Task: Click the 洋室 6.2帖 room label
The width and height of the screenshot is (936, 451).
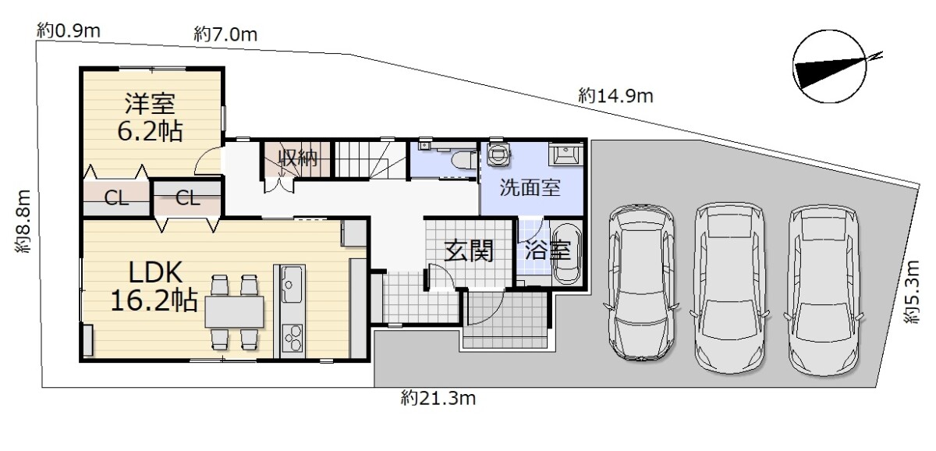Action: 150,118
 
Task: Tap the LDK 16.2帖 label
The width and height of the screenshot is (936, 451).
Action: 154,286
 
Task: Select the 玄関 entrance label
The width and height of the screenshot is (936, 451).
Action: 469,250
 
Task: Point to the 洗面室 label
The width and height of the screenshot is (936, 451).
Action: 530,188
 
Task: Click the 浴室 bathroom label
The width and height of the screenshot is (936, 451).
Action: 548,250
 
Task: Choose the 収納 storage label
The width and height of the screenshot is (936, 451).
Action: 298,158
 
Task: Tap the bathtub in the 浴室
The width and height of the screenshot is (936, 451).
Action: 566,254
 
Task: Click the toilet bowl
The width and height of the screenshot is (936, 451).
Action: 464,161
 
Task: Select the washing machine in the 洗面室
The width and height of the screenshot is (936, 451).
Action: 498,154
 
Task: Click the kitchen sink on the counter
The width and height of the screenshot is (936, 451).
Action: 290,284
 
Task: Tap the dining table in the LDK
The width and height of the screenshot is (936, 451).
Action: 234,312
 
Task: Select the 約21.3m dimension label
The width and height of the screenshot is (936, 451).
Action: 438,399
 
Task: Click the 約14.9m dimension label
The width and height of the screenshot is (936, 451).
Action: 615,96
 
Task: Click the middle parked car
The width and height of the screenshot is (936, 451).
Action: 730,288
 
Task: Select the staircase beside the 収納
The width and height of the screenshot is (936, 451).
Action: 370,159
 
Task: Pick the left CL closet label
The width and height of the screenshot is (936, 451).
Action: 116,198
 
